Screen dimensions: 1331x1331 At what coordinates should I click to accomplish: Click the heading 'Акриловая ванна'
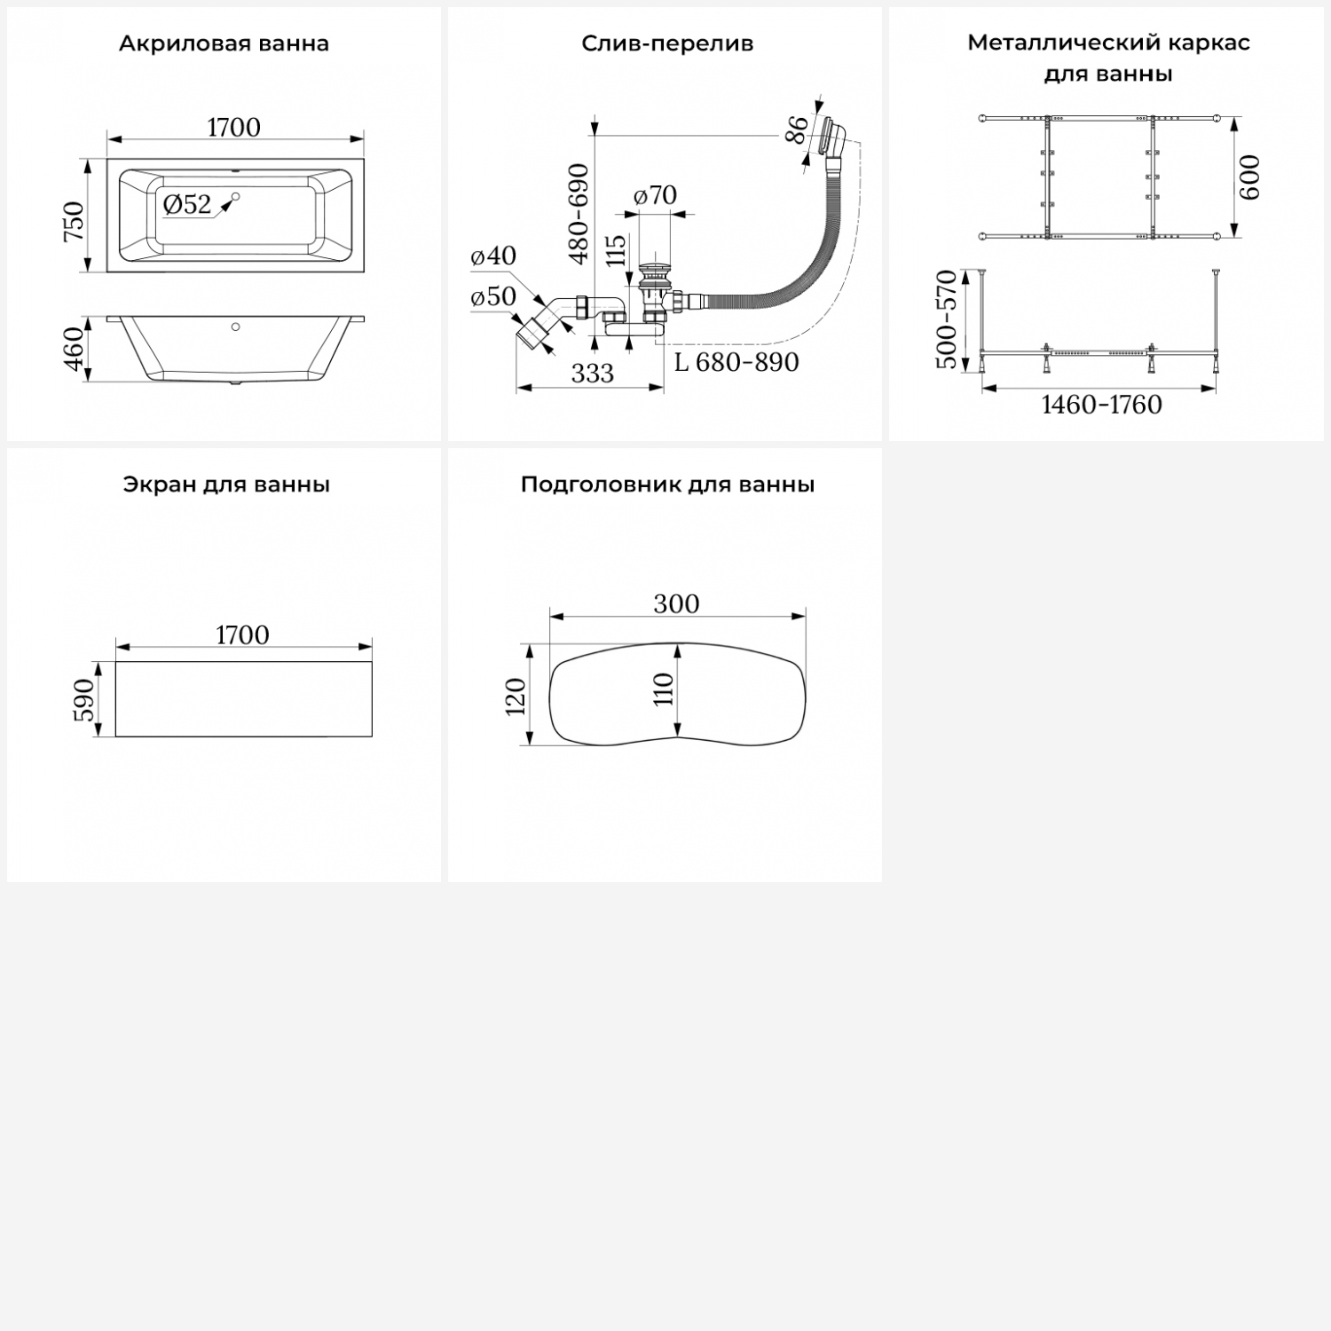coord(224,43)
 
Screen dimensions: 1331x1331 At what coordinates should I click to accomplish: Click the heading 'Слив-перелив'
coord(667,43)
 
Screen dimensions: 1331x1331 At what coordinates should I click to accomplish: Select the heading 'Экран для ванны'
coord(226,484)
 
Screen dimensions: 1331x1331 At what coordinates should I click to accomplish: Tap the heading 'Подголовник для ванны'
coord(667,484)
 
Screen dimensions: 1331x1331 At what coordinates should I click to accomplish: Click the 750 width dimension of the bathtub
coord(75,221)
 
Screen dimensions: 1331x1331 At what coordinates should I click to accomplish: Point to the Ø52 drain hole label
coord(187,205)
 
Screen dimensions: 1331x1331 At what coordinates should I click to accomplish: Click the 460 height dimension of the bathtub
coord(75,349)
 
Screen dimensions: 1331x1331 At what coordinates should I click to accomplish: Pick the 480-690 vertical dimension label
coord(579,213)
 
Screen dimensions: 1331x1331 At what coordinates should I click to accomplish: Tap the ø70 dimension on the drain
coord(656,194)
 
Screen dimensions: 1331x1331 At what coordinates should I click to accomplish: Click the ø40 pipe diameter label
coord(493,256)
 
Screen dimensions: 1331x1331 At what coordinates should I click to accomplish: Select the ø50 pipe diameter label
coord(493,296)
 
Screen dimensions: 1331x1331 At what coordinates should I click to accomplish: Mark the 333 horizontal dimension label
coord(592,374)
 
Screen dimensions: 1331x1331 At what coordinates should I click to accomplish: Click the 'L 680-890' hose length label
coord(736,362)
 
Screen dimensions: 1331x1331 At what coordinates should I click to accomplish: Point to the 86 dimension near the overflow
coord(799,130)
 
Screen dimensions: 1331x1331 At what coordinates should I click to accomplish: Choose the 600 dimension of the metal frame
coord(1248,177)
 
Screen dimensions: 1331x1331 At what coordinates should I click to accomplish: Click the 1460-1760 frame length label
coord(1101,405)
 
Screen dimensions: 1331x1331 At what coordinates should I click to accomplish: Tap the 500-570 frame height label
coord(947,319)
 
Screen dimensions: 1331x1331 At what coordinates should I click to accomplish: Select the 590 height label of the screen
coord(83,699)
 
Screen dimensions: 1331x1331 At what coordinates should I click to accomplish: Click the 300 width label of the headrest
coord(676,604)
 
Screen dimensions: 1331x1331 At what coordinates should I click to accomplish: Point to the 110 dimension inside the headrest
coord(664,689)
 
